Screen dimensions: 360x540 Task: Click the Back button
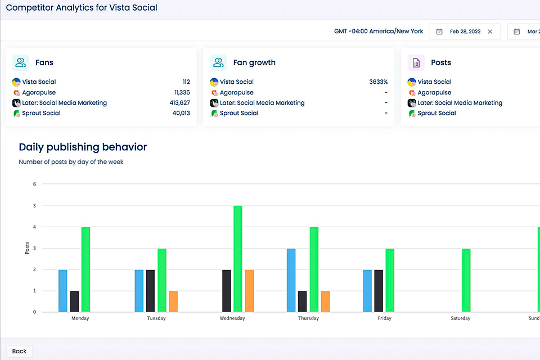point(19,351)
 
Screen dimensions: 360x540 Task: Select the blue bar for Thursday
point(291,280)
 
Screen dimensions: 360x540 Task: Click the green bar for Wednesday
point(238,259)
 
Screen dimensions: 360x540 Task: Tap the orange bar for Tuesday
point(173,301)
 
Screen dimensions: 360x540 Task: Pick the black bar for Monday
point(74,301)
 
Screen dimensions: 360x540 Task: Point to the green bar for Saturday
point(466,280)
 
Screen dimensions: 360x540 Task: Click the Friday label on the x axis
point(385,318)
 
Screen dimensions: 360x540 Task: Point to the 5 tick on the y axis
point(34,205)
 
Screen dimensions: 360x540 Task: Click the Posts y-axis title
point(27,248)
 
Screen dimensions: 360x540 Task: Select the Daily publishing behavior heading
point(83,147)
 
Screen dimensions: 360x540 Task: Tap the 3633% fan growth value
point(378,82)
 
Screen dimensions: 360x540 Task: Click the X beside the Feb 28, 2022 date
point(490,31)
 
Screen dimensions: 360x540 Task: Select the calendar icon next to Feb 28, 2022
point(439,31)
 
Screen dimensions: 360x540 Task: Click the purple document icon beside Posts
point(416,62)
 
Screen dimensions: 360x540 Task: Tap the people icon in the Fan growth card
point(218,62)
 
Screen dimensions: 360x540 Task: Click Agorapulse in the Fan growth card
point(236,93)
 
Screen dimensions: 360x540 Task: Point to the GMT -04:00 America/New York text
point(379,31)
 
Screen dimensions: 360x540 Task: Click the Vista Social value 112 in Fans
point(186,82)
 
